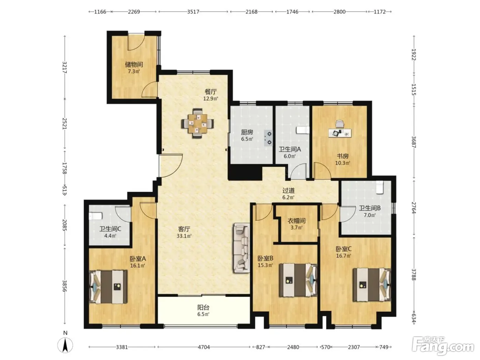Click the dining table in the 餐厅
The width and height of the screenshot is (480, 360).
(x=197, y=123)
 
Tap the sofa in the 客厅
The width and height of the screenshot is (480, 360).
(x=241, y=248)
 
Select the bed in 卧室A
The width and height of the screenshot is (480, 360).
(x=108, y=287)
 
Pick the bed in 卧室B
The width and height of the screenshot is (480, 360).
(x=298, y=280)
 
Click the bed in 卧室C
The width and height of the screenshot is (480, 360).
(x=372, y=285)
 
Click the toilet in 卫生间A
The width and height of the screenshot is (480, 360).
(x=303, y=130)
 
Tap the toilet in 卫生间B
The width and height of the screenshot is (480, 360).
(x=380, y=187)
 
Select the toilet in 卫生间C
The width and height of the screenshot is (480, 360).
(x=96, y=216)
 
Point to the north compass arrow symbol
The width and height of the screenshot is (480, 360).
(x=65, y=345)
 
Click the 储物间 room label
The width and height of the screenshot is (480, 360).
(x=134, y=64)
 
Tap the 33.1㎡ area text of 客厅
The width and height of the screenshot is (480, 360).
(x=184, y=236)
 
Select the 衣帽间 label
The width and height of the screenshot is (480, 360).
(x=296, y=221)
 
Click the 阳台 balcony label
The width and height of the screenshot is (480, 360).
(x=203, y=308)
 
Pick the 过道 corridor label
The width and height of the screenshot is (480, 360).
(x=288, y=191)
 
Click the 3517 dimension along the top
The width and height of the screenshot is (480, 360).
(x=193, y=12)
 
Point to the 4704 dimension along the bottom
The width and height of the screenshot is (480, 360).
(x=204, y=347)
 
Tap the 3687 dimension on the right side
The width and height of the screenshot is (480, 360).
(x=413, y=142)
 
